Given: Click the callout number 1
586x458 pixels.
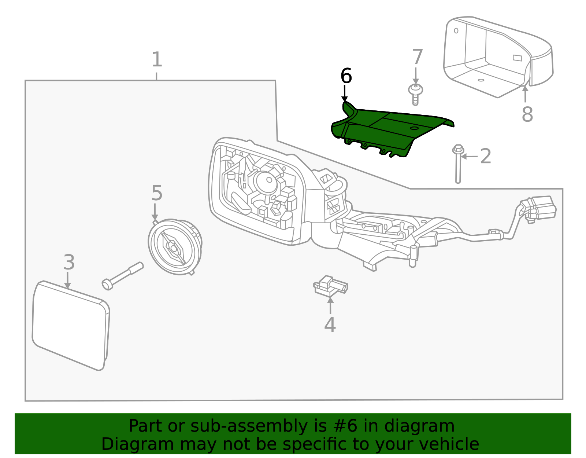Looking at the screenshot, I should [x=157, y=59].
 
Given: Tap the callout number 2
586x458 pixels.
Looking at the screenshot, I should [x=485, y=157].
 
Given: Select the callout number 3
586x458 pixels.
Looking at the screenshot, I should [x=69, y=263].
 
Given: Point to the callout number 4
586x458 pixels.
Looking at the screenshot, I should [x=330, y=325].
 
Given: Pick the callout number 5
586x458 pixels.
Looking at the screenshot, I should [x=156, y=193].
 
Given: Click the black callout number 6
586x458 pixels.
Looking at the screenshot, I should [x=346, y=76].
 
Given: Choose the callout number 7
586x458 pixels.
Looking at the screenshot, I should [x=417, y=57].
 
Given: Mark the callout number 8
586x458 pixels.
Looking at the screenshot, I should [x=527, y=114].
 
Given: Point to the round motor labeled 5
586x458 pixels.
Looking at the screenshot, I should [x=174, y=247].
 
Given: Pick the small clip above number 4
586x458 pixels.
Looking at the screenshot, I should [x=330, y=286].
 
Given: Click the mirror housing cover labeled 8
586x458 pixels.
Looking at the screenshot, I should [x=494, y=55].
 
